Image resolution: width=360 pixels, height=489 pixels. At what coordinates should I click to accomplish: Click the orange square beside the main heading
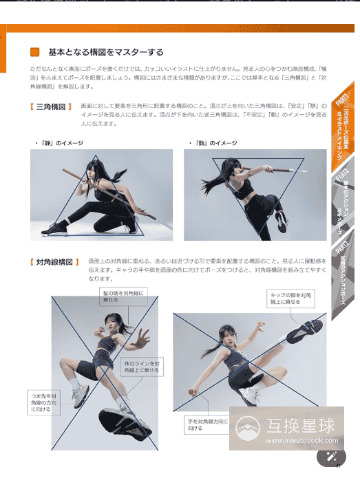tap(36, 52)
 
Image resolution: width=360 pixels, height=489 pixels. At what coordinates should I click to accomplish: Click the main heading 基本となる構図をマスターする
tap(105, 52)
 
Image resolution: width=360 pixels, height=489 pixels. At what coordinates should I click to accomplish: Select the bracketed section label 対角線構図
tap(54, 262)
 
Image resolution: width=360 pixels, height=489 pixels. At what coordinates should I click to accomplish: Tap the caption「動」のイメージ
tap(213, 143)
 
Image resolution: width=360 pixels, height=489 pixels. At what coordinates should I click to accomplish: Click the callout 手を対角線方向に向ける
tap(206, 424)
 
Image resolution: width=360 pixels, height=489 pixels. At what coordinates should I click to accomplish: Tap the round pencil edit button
tap(331, 457)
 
